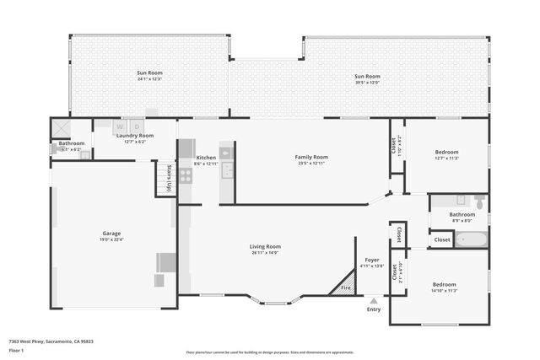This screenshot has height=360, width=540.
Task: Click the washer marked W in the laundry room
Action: pos(121,127)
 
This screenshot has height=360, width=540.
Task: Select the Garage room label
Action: pos(112,233)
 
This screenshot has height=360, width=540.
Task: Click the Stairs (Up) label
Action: pos(169,179)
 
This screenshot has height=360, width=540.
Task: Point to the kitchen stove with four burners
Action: pos(186,176)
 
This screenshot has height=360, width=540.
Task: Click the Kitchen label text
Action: pos(207,158)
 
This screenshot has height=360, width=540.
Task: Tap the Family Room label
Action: pos(310,157)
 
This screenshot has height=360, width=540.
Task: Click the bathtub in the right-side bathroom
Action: pos(472,239)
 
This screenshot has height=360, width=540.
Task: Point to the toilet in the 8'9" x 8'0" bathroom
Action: pos(478,202)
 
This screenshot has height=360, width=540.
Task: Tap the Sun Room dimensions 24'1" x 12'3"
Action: pos(149,78)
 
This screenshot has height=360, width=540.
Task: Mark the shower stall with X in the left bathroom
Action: pos(61,127)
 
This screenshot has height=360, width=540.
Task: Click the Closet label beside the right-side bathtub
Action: pos(442,239)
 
